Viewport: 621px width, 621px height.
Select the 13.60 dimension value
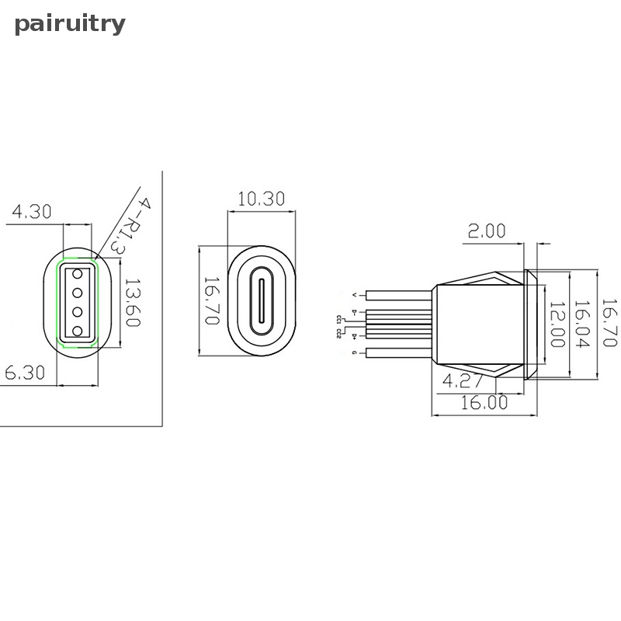coord(132,302)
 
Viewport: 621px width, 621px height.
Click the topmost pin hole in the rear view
coord(78,273)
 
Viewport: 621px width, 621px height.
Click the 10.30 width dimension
coord(261,199)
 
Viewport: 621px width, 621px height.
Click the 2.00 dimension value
coord(487,231)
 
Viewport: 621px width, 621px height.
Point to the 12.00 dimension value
coord(557,324)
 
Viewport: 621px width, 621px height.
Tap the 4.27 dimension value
coord(463,380)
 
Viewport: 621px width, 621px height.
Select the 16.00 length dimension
coord(484,402)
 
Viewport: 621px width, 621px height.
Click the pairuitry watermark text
coord(70,24)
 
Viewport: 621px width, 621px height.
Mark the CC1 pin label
coord(339,319)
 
